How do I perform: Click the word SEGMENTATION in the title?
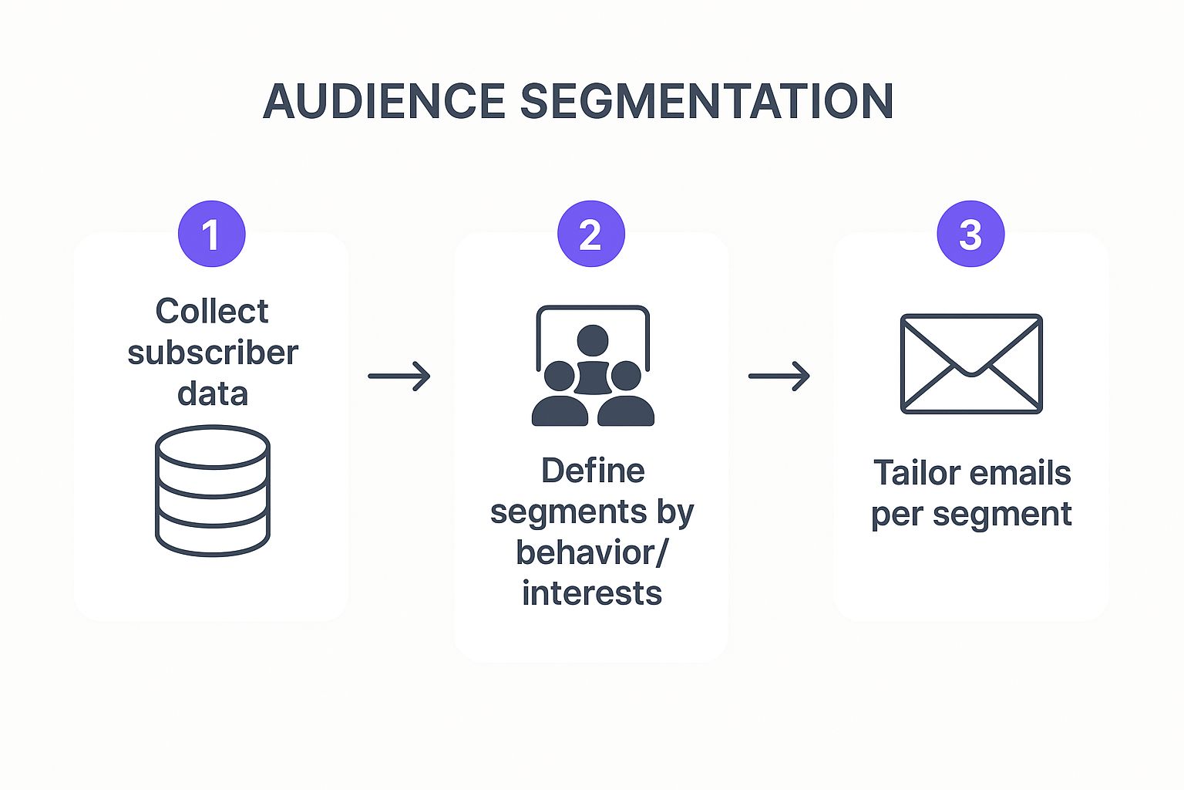pos(707,101)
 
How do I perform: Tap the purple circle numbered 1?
pos(211,234)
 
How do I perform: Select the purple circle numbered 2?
pos(590,234)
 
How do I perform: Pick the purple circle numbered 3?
pos(970,234)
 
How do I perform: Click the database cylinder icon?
pos(213,491)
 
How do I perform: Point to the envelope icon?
pos(971,363)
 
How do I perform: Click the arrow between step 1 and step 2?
pos(399,376)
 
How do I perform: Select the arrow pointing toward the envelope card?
pos(779,376)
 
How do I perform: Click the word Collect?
pos(212,312)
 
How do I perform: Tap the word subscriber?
pos(213,353)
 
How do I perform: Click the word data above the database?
pos(213,393)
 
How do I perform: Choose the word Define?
pos(593,471)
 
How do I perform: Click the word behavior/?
pos(592,552)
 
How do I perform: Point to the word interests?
pos(592,593)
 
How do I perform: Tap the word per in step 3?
pos(896,515)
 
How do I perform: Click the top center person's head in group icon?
pos(592,339)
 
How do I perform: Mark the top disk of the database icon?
pos(213,447)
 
